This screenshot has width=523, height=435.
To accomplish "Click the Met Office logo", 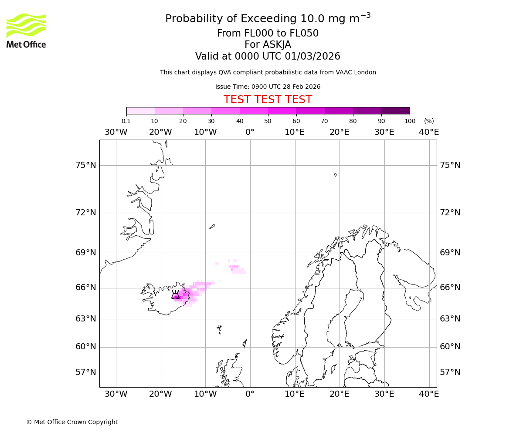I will coord(26,30).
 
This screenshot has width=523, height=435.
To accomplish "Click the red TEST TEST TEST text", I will coord(268,100).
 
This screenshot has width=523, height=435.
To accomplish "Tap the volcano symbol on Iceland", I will coord(176,295).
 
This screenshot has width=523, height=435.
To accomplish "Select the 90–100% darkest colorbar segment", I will coord(395,110).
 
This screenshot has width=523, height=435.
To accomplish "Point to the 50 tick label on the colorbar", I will coord(268,121).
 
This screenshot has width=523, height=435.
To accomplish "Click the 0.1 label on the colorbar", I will coord(126,121).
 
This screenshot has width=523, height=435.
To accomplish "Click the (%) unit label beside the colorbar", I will coord(429,121).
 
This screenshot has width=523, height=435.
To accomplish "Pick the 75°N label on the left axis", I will coord(85,165).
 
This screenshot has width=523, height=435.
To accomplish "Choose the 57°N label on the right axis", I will coord(450,372).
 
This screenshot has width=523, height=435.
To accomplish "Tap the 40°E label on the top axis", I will coord(429,132).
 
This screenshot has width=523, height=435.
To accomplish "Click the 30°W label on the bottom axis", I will coord(116,394).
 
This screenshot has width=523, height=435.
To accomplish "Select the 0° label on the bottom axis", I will coord(250,394).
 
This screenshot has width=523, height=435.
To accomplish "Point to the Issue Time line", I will coord(268,87).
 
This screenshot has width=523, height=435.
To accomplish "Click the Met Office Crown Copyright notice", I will coord(72,422).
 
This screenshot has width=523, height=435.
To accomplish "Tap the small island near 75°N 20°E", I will coord(335,175).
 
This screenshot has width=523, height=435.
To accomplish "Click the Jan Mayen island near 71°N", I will coord(212,226).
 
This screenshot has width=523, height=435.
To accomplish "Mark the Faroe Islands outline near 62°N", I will coord(219,328).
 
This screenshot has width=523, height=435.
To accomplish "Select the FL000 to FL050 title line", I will coord(268,33).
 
